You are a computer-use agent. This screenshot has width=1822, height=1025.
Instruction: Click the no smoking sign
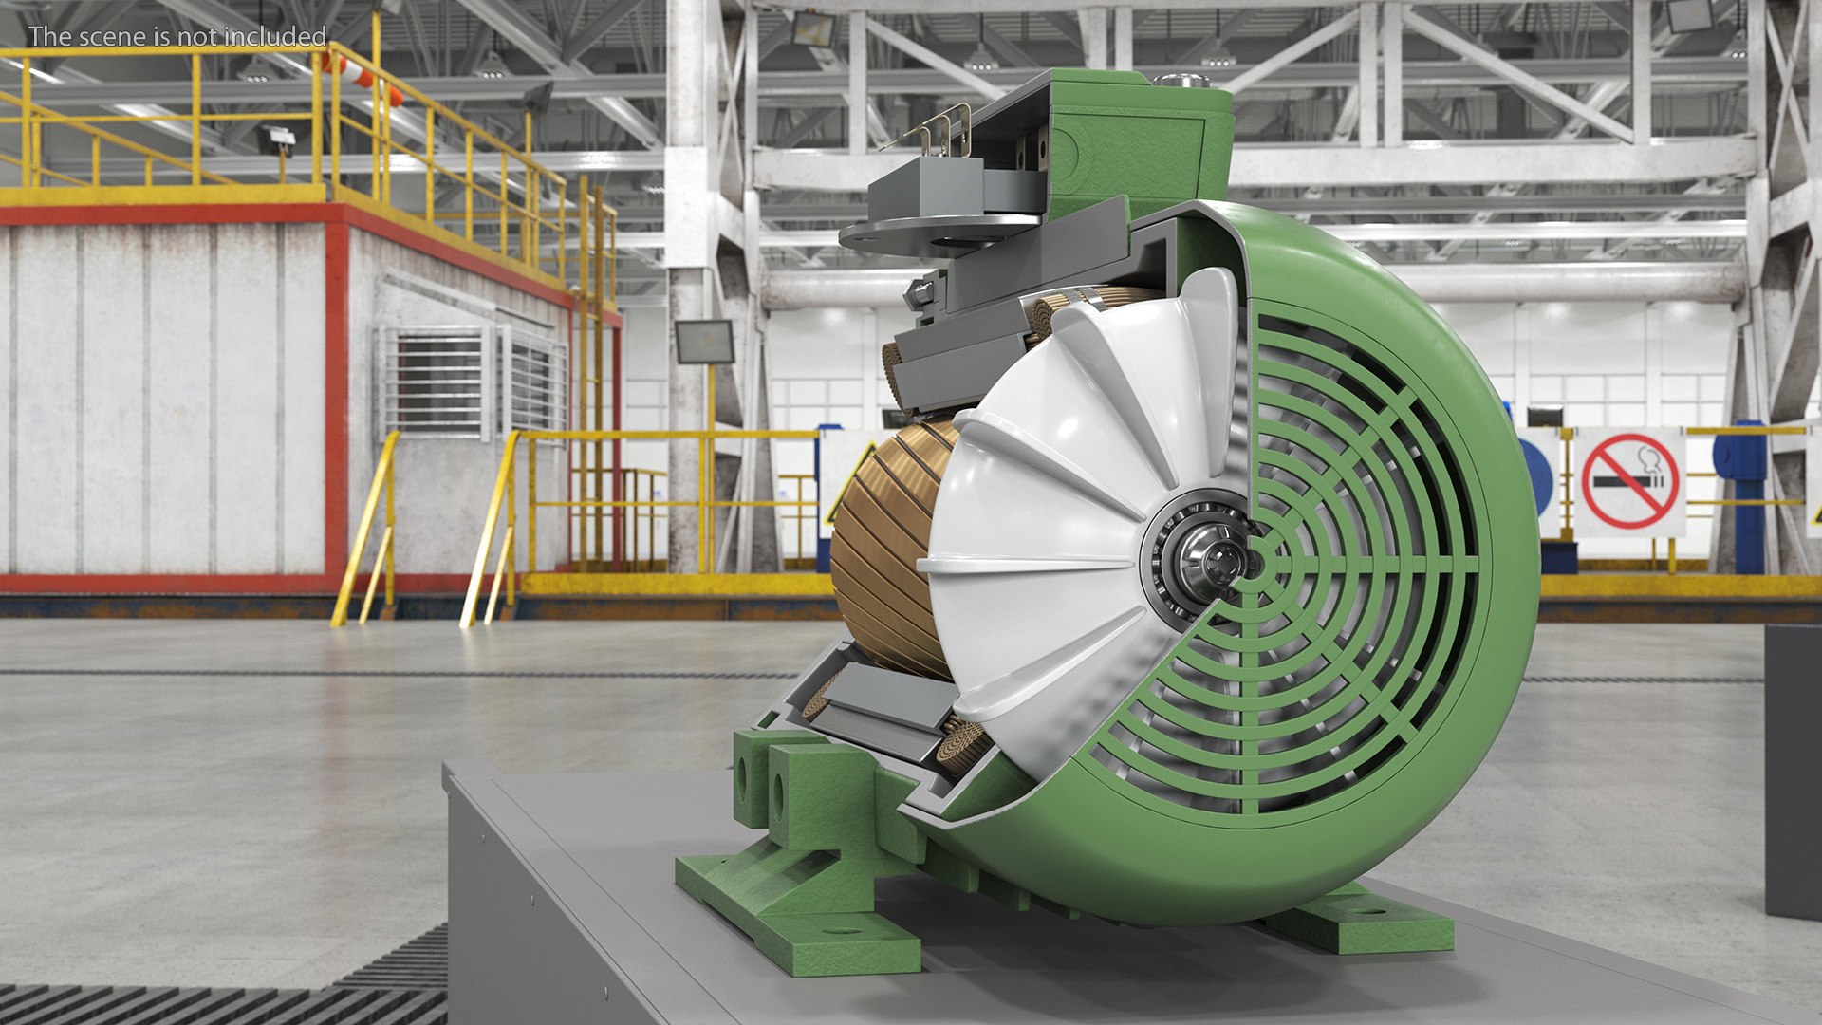coord(1630,482)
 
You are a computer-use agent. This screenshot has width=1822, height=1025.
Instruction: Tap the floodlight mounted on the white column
coord(703,342)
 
